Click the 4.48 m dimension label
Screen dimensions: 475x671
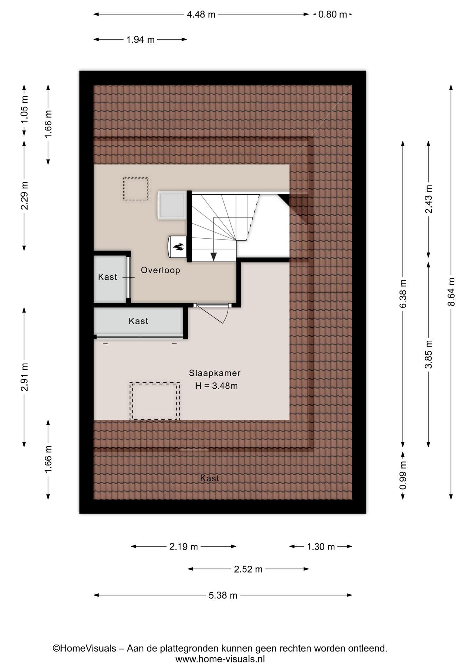[x=201, y=14]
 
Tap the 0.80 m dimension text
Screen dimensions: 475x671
[x=332, y=14]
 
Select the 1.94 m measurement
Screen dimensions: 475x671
[x=140, y=39]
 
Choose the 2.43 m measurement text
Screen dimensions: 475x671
[x=429, y=199]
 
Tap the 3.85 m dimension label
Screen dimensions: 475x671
[x=429, y=354]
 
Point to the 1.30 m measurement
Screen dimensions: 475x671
[x=321, y=547]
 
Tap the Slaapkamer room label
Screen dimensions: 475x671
[x=215, y=373]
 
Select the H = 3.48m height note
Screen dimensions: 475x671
[x=216, y=386]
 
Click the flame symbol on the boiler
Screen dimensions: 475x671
[x=178, y=247]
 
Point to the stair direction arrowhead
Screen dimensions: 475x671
[x=214, y=256]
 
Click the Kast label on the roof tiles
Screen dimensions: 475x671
[x=210, y=478]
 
